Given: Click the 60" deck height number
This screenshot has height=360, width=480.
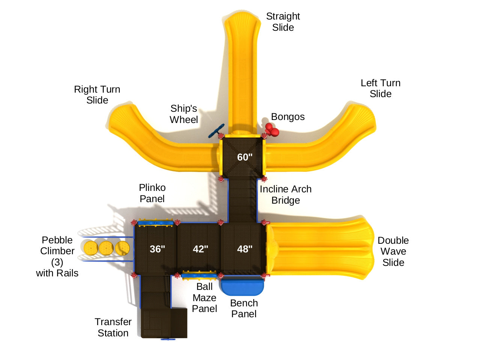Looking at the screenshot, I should (245, 157).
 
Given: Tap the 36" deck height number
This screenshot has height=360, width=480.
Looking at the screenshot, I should (157, 249).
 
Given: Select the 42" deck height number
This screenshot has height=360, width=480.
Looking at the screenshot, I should (200, 249).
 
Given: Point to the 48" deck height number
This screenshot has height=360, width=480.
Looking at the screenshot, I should (245, 249).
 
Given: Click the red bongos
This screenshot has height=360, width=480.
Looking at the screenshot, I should (272, 130).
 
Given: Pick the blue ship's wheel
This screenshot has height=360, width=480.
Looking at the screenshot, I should (217, 131).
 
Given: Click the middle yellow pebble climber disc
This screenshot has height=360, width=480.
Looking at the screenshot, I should (106, 248).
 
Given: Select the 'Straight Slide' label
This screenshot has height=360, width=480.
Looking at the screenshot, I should (283, 22).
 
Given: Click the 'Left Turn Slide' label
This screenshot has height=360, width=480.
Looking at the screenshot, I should (381, 88).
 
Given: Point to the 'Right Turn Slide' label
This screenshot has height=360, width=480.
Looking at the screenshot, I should (97, 95).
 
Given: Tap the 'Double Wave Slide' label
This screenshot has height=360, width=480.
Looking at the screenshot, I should (393, 251).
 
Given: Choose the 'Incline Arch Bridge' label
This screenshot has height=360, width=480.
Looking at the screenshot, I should (286, 195).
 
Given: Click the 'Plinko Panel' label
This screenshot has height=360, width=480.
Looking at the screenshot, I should (152, 193).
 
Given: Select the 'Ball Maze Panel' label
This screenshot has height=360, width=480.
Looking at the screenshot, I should (205, 298).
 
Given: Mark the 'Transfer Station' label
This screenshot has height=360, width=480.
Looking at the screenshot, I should (113, 327).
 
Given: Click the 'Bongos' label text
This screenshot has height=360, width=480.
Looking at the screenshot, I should (288, 117).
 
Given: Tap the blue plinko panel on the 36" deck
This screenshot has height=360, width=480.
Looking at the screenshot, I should (156, 223).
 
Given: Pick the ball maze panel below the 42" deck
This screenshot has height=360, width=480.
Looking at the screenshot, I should (199, 276).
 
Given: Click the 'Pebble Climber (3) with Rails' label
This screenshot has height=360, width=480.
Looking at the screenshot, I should (57, 256).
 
